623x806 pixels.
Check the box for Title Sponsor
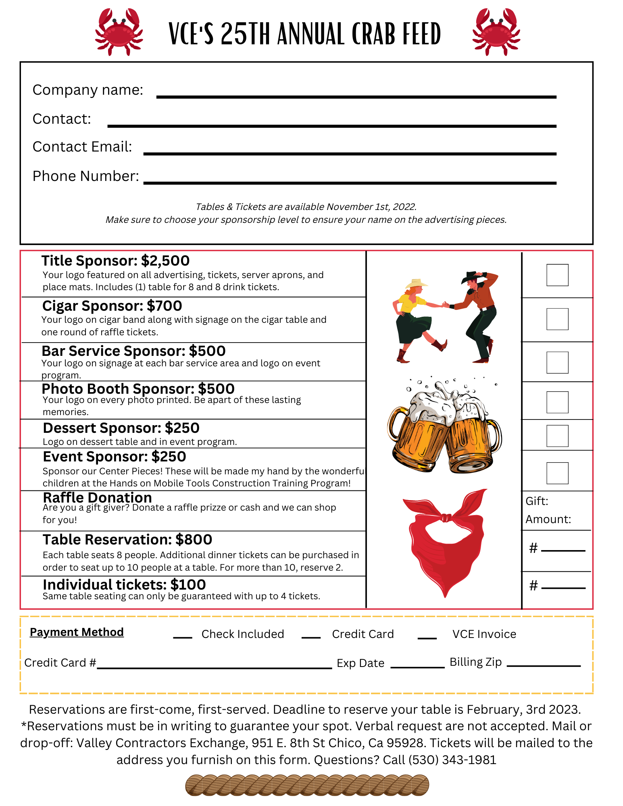(x=557, y=275)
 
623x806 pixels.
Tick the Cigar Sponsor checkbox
(x=557, y=319)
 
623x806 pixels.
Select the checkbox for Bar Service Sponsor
(x=557, y=362)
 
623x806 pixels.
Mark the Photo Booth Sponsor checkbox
(x=557, y=402)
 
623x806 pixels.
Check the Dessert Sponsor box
(x=557, y=436)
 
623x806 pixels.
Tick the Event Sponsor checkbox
(x=557, y=473)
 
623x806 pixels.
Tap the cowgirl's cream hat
(x=416, y=283)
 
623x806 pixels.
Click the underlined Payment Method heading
(x=77, y=632)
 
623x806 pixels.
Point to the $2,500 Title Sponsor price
(x=165, y=261)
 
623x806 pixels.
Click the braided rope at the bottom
(x=307, y=785)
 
